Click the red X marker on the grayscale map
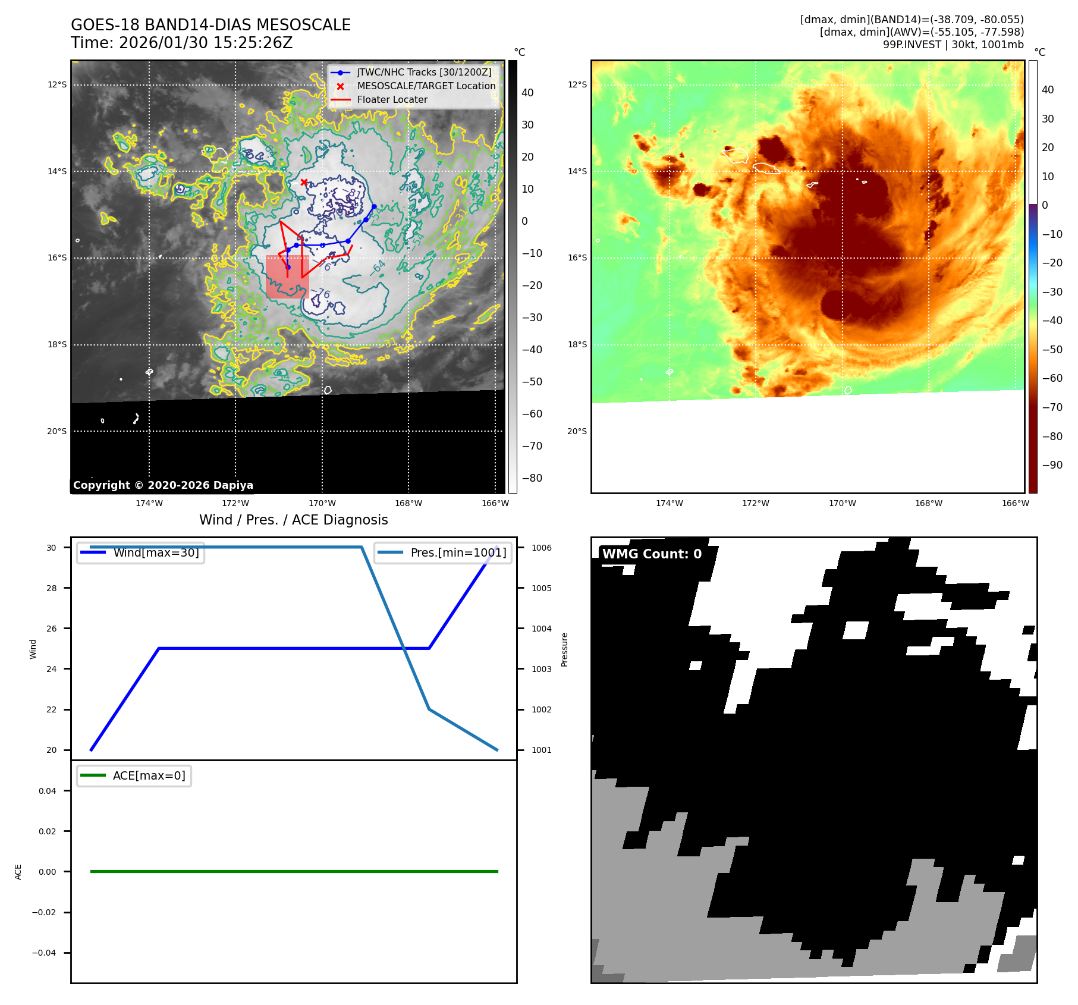(x=304, y=182)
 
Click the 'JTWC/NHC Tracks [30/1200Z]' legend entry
(x=424, y=72)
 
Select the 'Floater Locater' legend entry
(x=392, y=100)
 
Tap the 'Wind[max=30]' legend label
(x=156, y=552)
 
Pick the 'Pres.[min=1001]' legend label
(x=458, y=552)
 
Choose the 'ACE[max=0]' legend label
(x=149, y=775)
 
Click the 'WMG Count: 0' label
(x=652, y=554)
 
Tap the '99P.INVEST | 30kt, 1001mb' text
(x=953, y=45)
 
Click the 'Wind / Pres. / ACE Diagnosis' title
(x=293, y=520)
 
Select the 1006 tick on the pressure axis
(x=541, y=548)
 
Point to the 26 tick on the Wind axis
(x=52, y=629)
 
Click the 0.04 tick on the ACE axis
(x=47, y=791)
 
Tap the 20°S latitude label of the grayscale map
(x=57, y=431)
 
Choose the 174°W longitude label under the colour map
(x=669, y=503)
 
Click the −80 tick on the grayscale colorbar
(x=532, y=478)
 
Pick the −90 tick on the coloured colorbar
(x=1052, y=465)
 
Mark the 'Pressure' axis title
(x=564, y=649)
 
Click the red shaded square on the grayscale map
(x=287, y=277)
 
